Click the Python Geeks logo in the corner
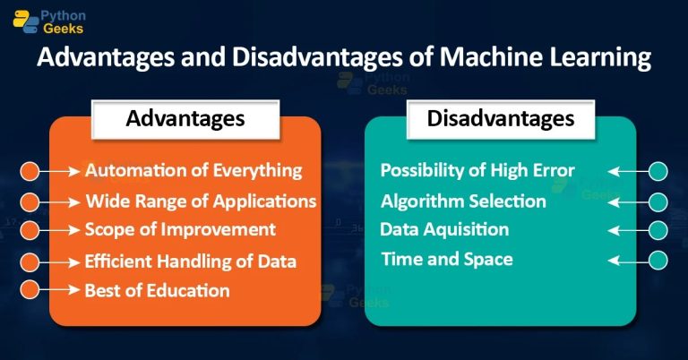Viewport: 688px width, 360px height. pyautogui.click(x=49, y=21)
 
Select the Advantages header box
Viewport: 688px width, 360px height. pyautogui.click(x=185, y=118)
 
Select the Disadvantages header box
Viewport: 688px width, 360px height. pyautogui.click(x=500, y=118)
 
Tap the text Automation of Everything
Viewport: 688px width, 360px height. pyautogui.click(x=193, y=170)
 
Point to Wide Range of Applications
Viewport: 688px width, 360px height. pyautogui.click(x=201, y=201)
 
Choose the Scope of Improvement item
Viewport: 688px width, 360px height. pyautogui.click(x=180, y=229)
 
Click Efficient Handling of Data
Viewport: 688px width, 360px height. pyautogui.click(x=190, y=261)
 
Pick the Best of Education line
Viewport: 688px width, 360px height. pyautogui.click(x=157, y=290)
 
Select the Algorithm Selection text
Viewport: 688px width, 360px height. pyautogui.click(x=463, y=201)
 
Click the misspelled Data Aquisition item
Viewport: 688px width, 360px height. pyautogui.click(x=444, y=229)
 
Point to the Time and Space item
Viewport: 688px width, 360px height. pyautogui.click(x=446, y=260)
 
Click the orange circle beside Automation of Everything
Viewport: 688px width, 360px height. pyautogui.click(x=30, y=170)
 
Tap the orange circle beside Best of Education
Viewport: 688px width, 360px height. pyautogui.click(x=30, y=290)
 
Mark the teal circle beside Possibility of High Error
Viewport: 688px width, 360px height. pyautogui.click(x=658, y=170)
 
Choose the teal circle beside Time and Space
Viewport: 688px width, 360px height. pyautogui.click(x=658, y=260)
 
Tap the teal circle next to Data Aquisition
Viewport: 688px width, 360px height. pyautogui.click(x=658, y=229)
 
